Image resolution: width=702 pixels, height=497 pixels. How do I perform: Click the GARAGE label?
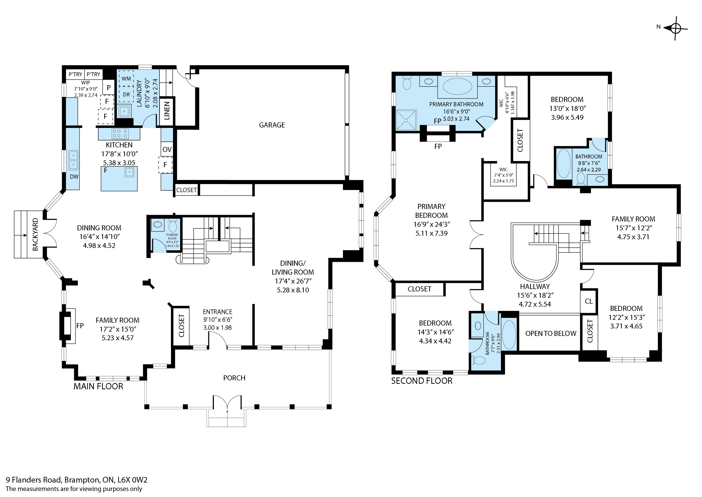[x=272, y=125]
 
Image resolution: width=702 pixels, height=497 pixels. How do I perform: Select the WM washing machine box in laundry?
[x=126, y=78]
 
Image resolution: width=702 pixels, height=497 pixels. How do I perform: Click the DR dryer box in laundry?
[x=126, y=94]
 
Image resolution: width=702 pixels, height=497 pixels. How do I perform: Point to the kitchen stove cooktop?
[x=120, y=134]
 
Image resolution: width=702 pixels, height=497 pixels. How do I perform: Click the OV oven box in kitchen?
[x=167, y=149]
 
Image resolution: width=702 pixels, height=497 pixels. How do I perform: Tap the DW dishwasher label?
[x=74, y=176]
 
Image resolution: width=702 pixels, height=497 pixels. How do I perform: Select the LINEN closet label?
[x=167, y=111]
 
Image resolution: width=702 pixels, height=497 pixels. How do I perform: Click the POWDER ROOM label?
[x=172, y=237]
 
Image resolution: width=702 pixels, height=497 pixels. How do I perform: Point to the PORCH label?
[x=234, y=378]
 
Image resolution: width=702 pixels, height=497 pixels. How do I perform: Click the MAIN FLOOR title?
[x=98, y=386]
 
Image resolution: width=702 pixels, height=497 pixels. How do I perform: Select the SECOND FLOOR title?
[x=422, y=381]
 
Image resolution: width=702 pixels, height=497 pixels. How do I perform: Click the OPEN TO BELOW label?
[x=551, y=333]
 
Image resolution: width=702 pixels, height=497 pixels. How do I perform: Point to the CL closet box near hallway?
[x=589, y=301]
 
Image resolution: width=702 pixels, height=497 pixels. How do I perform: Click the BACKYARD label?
[x=36, y=234]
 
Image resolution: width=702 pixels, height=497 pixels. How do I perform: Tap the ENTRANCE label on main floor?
[x=217, y=312]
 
